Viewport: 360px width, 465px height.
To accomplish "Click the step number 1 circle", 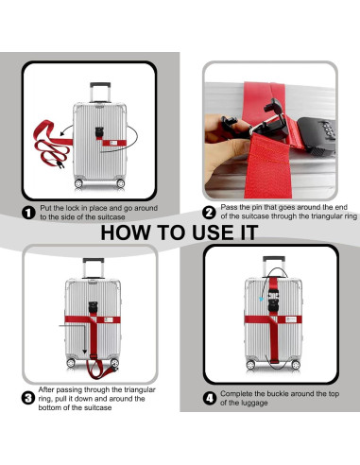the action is pos(28,213).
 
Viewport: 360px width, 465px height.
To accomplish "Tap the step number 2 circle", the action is pos(209,213).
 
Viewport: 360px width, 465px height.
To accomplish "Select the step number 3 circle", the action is pos(28,398).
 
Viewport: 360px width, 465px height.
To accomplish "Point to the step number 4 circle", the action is pos(210,398).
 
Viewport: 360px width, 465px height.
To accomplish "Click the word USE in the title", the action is pos(213,232).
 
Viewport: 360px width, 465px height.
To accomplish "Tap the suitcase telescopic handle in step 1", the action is pos(100,93).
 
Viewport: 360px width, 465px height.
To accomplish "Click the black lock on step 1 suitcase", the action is pos(99,132).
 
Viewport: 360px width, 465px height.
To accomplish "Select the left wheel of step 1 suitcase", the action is pos(78,183).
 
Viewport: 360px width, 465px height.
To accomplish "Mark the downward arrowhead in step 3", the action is pos(84,352).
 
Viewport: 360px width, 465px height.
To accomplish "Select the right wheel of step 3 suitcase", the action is pos(114,363).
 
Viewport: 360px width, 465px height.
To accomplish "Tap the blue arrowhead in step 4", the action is pos(261,299).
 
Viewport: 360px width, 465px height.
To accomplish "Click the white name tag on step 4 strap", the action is pos(290,319).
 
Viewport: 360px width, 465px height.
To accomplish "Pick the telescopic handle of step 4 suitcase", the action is pos(274,267).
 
